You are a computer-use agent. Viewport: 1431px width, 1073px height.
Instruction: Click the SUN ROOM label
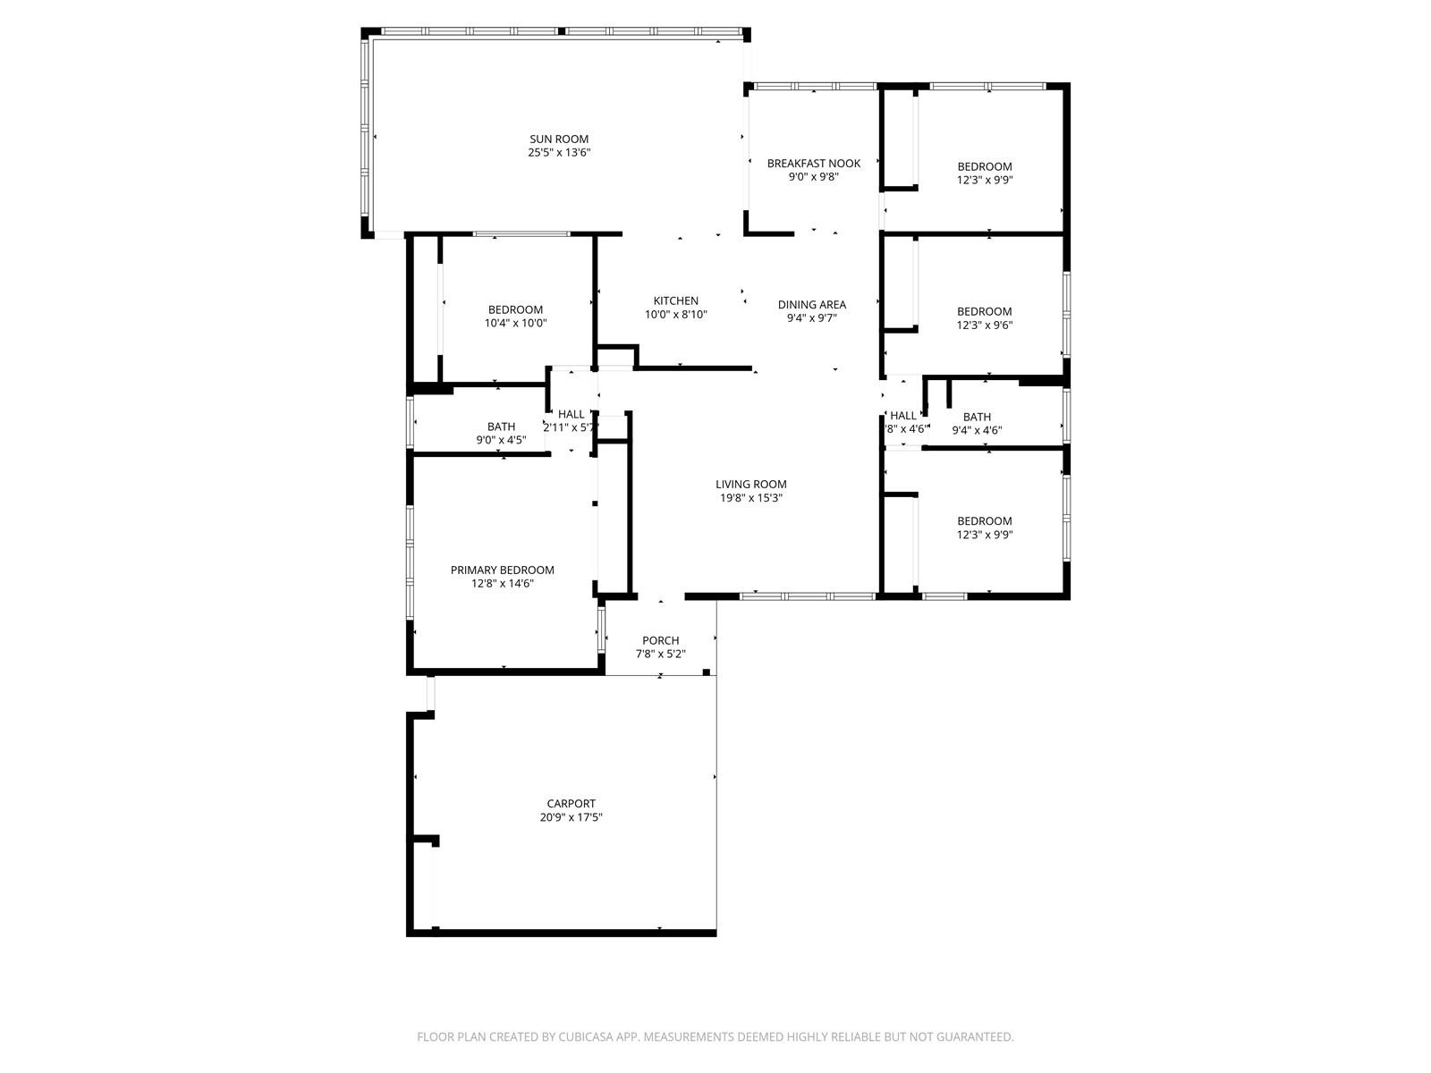[559, 139]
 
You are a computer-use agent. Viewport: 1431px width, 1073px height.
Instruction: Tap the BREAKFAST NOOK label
[814, 163]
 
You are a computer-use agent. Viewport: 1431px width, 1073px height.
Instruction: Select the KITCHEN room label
[675, 300]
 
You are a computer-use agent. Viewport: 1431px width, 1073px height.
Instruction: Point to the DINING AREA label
[812, 304]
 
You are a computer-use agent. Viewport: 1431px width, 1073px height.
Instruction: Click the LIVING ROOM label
[751, 484]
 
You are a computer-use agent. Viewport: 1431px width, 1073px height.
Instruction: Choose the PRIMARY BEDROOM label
[502, 570]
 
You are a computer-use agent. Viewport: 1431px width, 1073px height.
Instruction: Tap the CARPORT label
[572, 803]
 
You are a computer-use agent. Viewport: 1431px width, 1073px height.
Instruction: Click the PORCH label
[660, 640]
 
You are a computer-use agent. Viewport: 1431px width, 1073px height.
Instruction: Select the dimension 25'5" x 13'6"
[559, 152]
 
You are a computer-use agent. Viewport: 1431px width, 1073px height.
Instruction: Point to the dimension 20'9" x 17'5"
[572, 817]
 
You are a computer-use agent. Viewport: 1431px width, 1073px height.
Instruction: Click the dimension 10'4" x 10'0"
[515, 323]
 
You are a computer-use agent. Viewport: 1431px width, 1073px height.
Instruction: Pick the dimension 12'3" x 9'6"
[985, 325]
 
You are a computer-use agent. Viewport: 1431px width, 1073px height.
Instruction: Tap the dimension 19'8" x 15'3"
[751, 498]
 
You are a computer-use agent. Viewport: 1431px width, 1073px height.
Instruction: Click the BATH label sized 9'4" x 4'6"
[977, 417]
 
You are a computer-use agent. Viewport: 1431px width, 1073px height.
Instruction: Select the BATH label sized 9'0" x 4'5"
[501, 427]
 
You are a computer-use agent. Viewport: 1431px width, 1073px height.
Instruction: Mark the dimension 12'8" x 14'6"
[502, 584]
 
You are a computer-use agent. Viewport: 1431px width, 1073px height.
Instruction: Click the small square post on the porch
[706, 672]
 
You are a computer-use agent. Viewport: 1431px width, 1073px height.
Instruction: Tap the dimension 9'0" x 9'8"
[814, 176]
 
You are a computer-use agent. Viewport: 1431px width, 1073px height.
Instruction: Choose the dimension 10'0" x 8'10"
[675, 315]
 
